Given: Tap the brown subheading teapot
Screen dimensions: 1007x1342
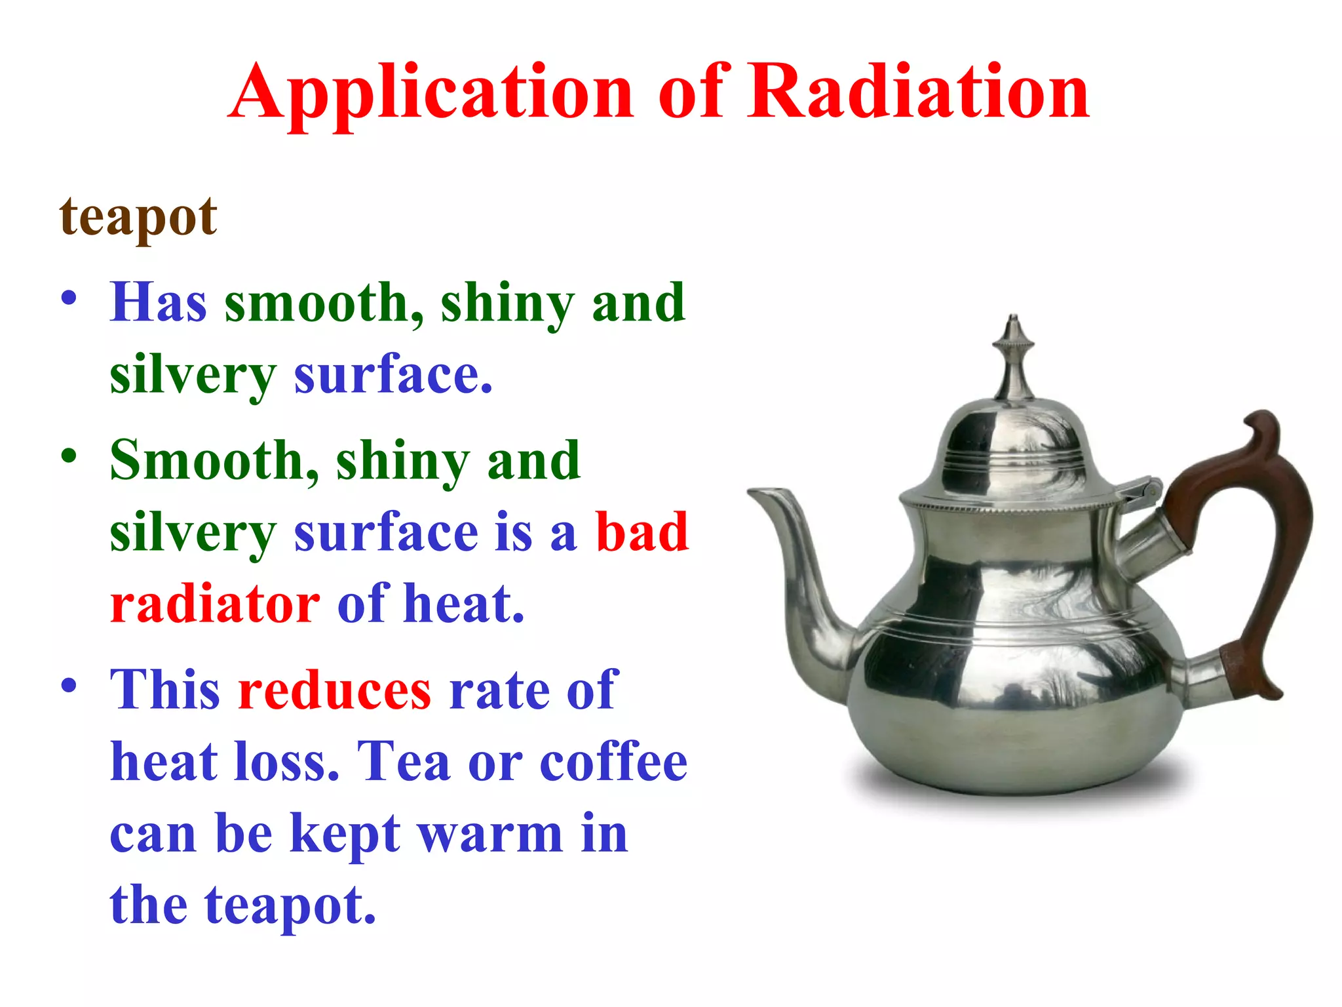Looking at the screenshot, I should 138,218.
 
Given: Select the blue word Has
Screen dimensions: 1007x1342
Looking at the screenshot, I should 158,303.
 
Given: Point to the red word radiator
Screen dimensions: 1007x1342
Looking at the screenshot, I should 215,603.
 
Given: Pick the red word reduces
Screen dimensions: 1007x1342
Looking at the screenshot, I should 335,690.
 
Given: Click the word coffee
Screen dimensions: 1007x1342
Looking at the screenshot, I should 613,762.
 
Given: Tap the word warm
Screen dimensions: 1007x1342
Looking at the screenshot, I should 490,834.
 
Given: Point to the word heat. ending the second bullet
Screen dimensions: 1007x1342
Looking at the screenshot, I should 464,603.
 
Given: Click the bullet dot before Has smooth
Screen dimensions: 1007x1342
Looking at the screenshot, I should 69,298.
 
